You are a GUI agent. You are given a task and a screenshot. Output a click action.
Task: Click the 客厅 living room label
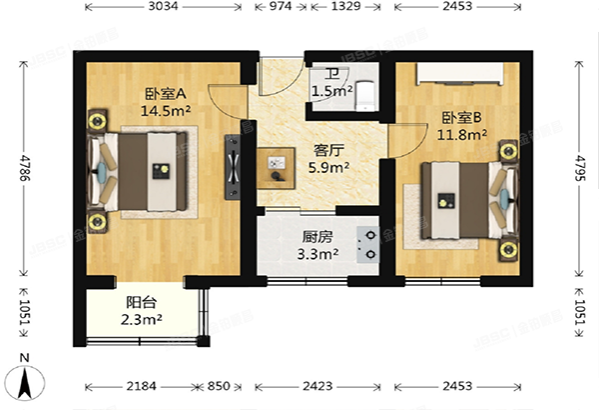coord(328,150)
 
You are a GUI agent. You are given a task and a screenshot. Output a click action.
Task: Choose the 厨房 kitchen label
coord(317,238)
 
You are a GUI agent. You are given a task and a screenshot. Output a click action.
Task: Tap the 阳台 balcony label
coord(141,303)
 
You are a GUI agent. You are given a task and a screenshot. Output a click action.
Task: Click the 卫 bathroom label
coord(331,72)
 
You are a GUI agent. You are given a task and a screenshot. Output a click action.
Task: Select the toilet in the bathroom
coord(366,92)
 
